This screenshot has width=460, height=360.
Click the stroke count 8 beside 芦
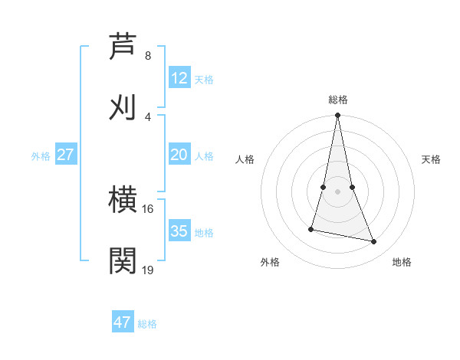click(148, 56)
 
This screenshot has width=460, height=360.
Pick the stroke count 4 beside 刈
click(148, 116)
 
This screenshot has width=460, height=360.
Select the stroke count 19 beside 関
click(147, 270)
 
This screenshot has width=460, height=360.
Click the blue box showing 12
click(179, 78)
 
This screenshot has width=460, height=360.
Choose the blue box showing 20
click(179, 155)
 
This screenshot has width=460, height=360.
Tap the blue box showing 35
click(179, 231)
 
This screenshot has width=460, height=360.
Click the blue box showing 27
click(66, 155)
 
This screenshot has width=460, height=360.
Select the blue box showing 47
click(123, 322)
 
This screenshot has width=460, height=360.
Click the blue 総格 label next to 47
click(147, 324)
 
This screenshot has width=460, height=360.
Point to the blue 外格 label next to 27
click(41, 156)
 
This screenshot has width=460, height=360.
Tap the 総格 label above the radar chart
click(338, 100)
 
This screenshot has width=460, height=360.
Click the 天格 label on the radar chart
click(431, 159)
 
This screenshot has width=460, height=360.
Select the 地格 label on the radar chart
click(402, 262)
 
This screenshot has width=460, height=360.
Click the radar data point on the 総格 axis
click(337, 116)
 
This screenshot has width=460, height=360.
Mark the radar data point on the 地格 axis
click(374, 242)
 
